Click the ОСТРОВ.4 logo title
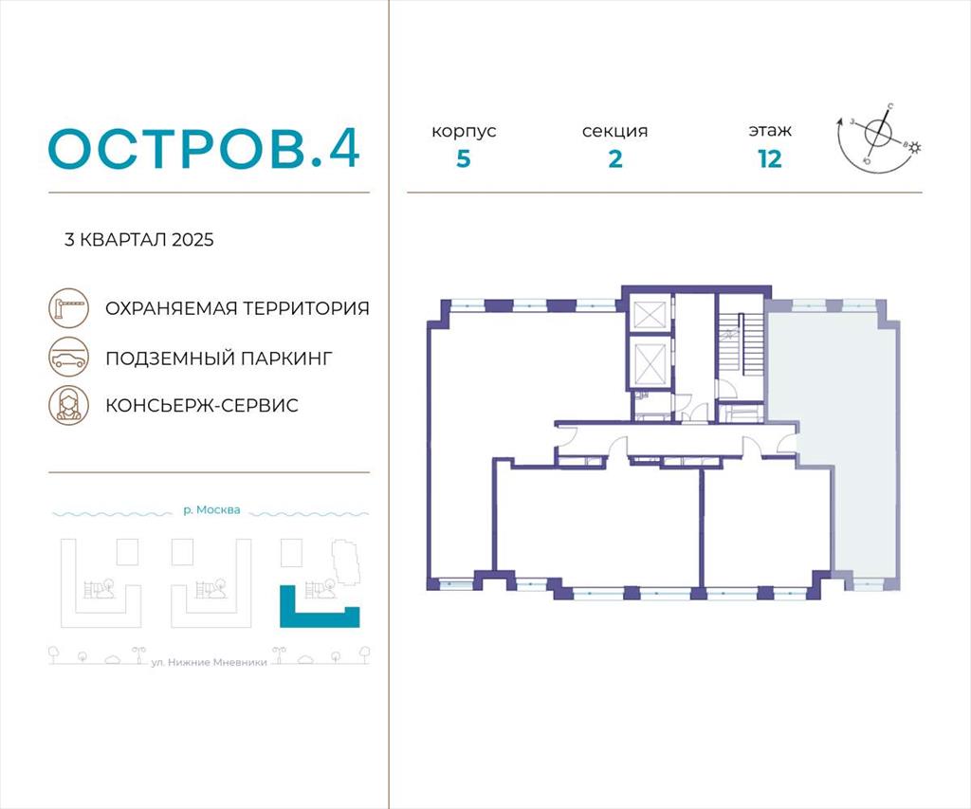coord(204,149)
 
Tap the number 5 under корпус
coord(463,159)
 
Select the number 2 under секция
coord(614,159)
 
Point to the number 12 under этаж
coord(770,159)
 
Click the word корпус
coord(464,131)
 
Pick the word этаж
coord(770,131)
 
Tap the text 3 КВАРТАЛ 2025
coord(138,240)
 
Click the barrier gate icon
coord(68,308)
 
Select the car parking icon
coord(68,357)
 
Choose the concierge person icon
coord(68,405)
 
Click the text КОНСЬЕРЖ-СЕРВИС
coord(202,405)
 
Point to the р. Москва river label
coord(211,510)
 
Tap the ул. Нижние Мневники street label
coord(210,662)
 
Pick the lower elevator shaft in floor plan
coord(647,361)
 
